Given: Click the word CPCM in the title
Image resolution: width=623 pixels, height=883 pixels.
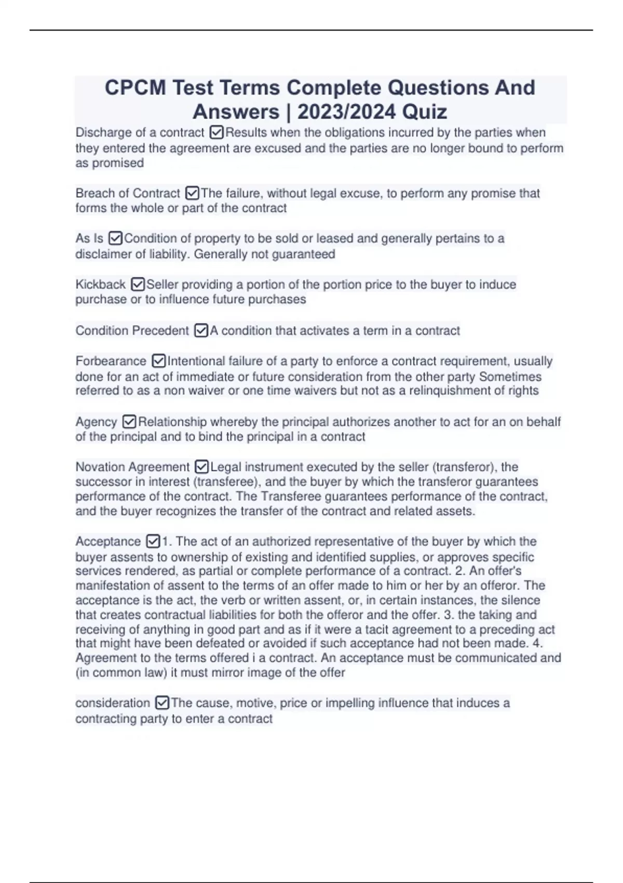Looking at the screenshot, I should pos(136,88).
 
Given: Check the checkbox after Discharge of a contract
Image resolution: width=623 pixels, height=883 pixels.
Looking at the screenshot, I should pos(216,133).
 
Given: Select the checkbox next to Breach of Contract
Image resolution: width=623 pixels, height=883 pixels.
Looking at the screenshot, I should pos(192,193).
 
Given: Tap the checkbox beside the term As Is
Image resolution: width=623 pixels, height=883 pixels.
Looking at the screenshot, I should pos(115,238).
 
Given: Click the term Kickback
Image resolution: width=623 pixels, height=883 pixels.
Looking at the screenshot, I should pos(100,285).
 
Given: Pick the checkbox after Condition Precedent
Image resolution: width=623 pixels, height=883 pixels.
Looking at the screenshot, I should pos(201,330).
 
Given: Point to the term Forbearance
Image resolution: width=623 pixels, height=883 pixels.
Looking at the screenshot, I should pos(111,361).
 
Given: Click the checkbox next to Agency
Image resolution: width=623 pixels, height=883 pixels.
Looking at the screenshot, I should pos(129,422).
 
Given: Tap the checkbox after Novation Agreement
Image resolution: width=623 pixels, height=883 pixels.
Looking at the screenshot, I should pos(201,467).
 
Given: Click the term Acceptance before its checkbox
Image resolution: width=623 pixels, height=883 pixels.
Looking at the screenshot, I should pos(108,541).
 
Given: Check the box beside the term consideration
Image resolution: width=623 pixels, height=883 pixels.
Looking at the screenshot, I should pos(162,703).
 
